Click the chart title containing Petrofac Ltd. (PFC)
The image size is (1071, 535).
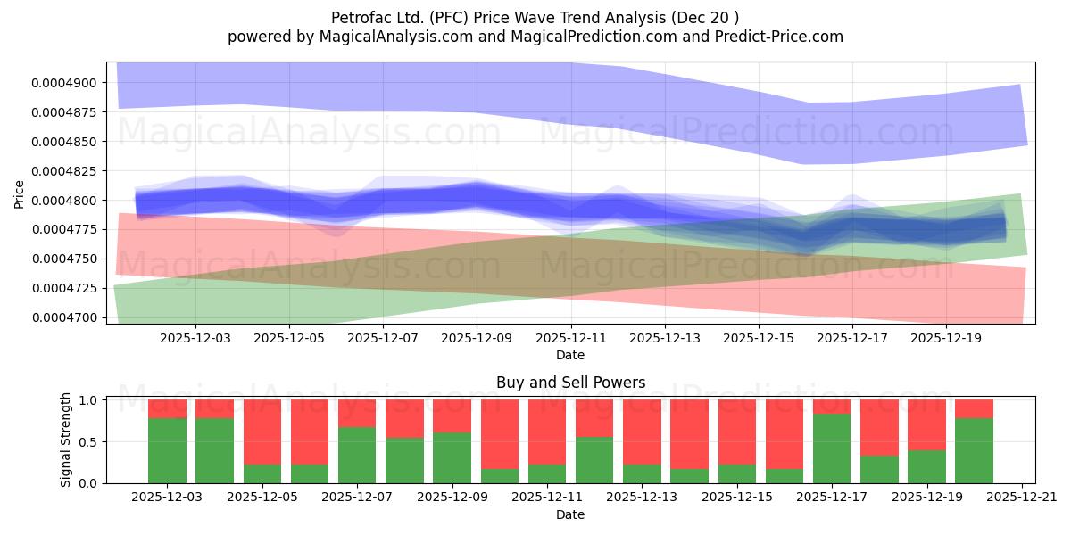[x=535, y=18]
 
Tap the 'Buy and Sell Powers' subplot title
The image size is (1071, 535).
[x=570, y=383]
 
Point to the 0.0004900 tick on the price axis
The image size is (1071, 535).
[x=63, y=83]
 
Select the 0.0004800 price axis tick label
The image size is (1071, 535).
[x=63, y=201]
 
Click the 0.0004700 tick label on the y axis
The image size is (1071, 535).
[x=63, y=317]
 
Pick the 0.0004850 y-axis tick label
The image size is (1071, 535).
[x=63, y=142]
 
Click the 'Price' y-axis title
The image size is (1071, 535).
[x=19, y=194]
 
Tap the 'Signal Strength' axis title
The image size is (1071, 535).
[x=65, y=440]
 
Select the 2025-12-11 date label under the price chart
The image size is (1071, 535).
[x=571, y=338]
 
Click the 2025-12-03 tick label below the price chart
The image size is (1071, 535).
[x=195, y=338]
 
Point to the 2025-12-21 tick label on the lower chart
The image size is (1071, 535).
[x=1022, y=498]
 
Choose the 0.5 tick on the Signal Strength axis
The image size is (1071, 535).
[x=88, y=442]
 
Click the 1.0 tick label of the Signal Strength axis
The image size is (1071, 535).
[x=88, y=400]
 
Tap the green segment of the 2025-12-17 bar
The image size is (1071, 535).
[x=832, y=449]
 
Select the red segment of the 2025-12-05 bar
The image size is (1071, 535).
[x=262, y=432]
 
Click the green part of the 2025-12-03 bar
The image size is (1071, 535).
[x=168, y=451]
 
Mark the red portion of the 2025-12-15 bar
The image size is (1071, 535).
[x=737, y=432]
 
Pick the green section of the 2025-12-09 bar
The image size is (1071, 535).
[x=452, y=458]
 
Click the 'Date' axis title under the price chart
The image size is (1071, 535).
[x=570, y=355]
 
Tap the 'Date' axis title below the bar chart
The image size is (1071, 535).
[x=570, y=514]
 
